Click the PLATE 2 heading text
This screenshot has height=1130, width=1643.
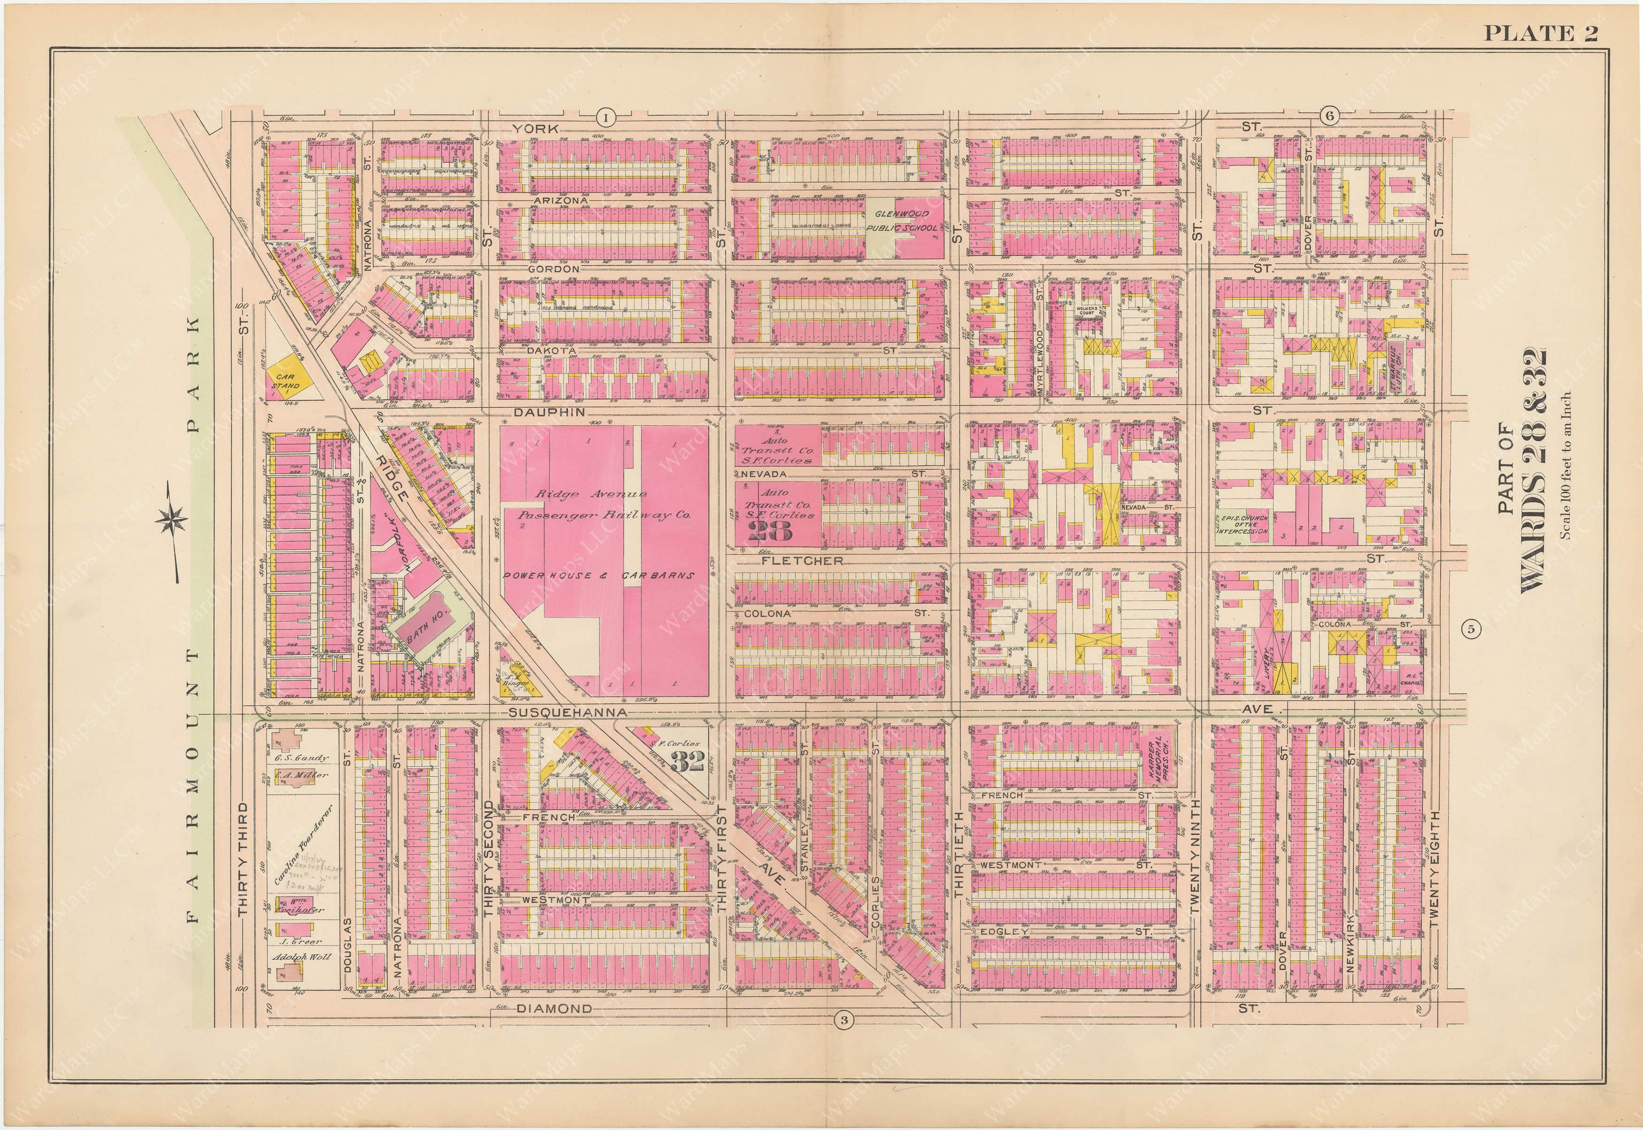pos(1540,34)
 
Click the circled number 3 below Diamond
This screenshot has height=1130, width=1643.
pos(842,1020)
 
